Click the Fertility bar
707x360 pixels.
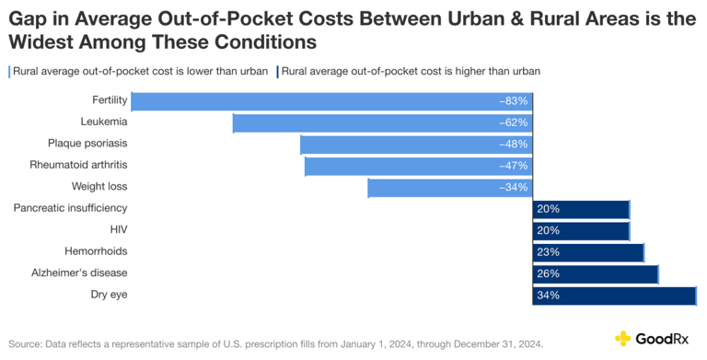(x=331, y=100)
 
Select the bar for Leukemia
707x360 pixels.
(x=382, y=122)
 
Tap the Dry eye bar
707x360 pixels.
(x=614, y=296)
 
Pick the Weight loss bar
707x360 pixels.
(x=449, y=188)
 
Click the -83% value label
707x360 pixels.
(x=513, y=100)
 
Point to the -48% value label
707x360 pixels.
(x=513, y=145)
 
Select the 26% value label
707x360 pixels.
(x=548, y=273)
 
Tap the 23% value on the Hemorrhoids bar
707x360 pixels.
(x=548, y=252)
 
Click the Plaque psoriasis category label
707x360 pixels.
(x=87, y=143)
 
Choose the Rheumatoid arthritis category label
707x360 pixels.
(x=78, y=165)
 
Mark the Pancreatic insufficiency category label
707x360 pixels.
(x=70, y=208)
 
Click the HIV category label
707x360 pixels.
(x=118, y=229)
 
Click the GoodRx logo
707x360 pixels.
(x=655, y=338)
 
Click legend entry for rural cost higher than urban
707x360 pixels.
(x=411, y=70)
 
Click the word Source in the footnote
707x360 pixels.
(x=28, y=343)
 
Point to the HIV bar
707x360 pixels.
(x=581, y=230)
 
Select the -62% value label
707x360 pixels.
(x=513, y=122)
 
